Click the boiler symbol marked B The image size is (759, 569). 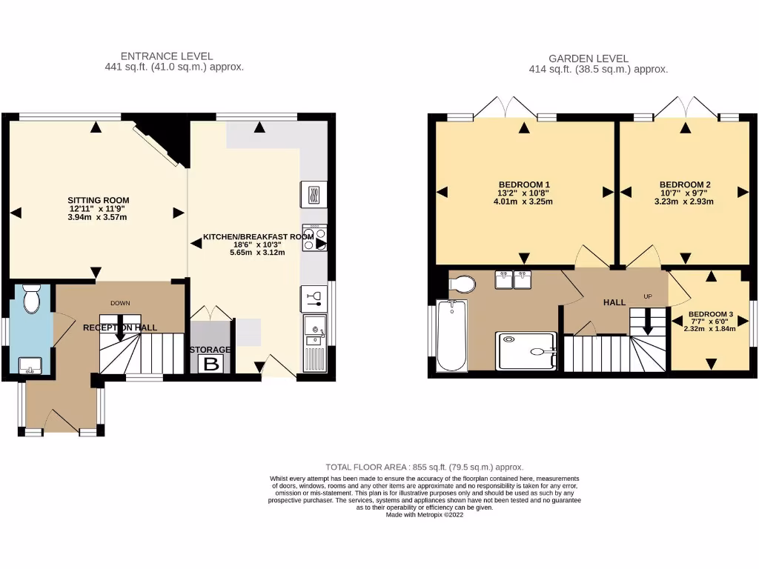[211, 363]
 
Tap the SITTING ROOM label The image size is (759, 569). [99, 200]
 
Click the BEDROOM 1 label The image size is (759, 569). [524, 184]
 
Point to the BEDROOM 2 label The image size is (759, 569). [685, 184]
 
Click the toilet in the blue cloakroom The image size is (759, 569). [32, 299]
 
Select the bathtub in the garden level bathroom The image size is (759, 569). [451, 336]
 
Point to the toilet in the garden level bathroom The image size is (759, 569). [463, 283]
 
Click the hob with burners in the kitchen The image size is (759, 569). [315, 237]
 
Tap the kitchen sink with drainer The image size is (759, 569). [315, 342]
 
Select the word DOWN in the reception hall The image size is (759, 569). [120, 303]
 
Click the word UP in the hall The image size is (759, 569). [647, 296]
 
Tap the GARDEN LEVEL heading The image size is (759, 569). [589, 58]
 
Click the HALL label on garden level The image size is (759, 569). [614, 302]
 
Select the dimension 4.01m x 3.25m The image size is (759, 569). [524, 202]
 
